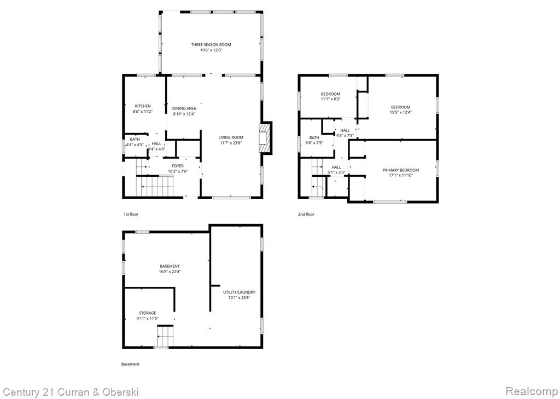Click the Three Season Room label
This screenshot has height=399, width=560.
click(x=211, y=45)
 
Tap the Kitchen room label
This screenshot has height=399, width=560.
click(x=143, y=106)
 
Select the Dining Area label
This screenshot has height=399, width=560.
click(x=184, y=108)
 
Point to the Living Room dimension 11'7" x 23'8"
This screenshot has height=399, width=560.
click(x=231, y=143)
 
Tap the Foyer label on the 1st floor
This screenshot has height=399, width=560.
click(x=178, y=166)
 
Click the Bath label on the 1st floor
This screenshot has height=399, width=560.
click(x=135, y=139)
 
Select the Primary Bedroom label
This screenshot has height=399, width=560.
click(x=401, y=170)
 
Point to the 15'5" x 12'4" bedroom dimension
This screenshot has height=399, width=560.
click(x=400, y=112)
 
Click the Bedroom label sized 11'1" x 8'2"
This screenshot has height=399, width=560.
click(x=330, y=94)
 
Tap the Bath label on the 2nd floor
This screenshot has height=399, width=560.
click(x=314, y=137)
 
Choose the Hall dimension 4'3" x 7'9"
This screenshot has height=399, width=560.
click(x=345, y=136)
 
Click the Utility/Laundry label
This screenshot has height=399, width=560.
click(x=240, y=292)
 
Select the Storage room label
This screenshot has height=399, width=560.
click(x=148, y=313)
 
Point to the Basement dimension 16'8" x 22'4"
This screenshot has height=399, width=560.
click(x=170, y=271)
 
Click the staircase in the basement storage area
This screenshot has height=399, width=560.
click(x=165, y=336)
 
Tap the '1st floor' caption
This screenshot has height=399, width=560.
click(x=131, y=214)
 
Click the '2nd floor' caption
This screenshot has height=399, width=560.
click(x=306, y=214)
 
